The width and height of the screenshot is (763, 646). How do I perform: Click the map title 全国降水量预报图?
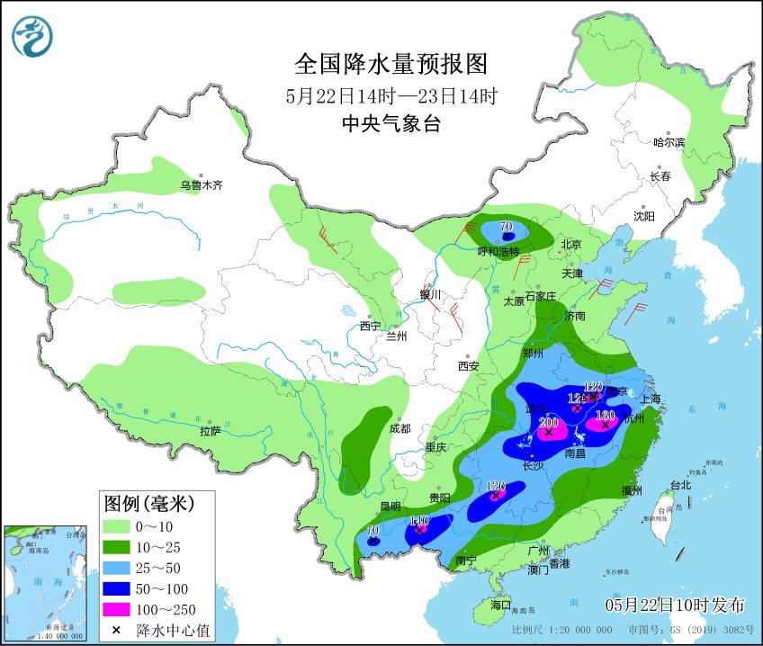click(x=390, y=64)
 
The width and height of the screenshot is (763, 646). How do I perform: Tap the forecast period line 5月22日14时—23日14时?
click(x=391, y=95)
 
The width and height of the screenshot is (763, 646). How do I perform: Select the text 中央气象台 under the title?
click(x=391, y=124)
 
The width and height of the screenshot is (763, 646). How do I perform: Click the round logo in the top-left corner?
click(x=32, y=36)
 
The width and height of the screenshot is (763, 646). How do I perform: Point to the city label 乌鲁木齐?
click(x=200, y=186)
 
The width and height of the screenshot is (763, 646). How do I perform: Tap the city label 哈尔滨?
click(x=669, y=142)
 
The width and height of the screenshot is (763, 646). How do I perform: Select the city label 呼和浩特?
click(x=498, y=252)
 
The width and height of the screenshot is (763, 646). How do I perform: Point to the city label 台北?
click(x=680, y=485)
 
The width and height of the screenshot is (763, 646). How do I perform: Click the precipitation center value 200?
click(x=548, y=423)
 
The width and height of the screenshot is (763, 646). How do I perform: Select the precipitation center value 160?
click(x=604, y=416)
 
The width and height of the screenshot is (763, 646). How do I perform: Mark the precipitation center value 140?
click(x=418, y=521)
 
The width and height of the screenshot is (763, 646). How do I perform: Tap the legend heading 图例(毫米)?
click(x=148, y=501)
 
